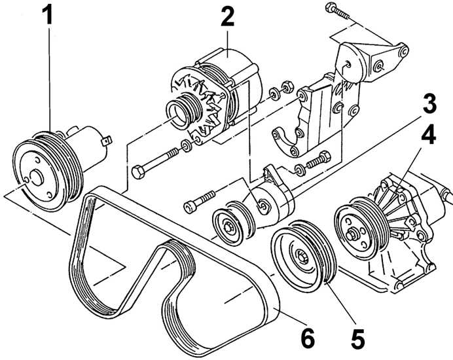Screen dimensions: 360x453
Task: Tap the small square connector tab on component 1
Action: pyautogui.click(x=107, y=138)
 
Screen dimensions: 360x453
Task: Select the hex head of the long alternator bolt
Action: pyautogui.click(x=139, y=173)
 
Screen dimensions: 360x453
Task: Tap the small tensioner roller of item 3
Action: pyautogui.click(x=226, y=225)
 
